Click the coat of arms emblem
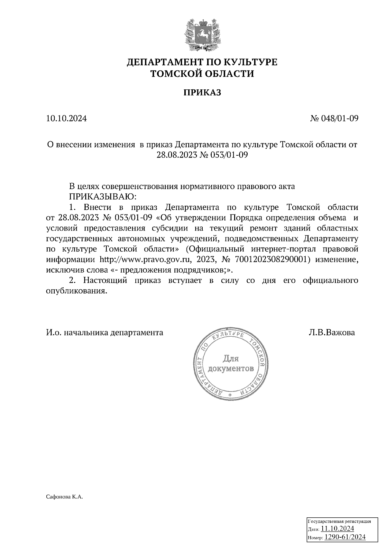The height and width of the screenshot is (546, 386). (x=202, y=36)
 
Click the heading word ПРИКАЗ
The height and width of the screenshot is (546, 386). (x=202, y=93)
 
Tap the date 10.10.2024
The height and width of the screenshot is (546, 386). (x=67, y=119)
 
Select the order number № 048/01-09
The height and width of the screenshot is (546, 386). (x=334, y=119)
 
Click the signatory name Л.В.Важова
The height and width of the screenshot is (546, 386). (x=332, y=332)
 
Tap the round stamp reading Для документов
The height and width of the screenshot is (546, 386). (x=231, y=364)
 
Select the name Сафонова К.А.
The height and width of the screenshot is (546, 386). (x=65, y=497)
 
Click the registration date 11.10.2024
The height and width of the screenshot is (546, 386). (x=337, y=528)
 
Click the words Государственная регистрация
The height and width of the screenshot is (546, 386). (x=339, y=521)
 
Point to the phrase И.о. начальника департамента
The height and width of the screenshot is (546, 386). (x=105, y=332)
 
